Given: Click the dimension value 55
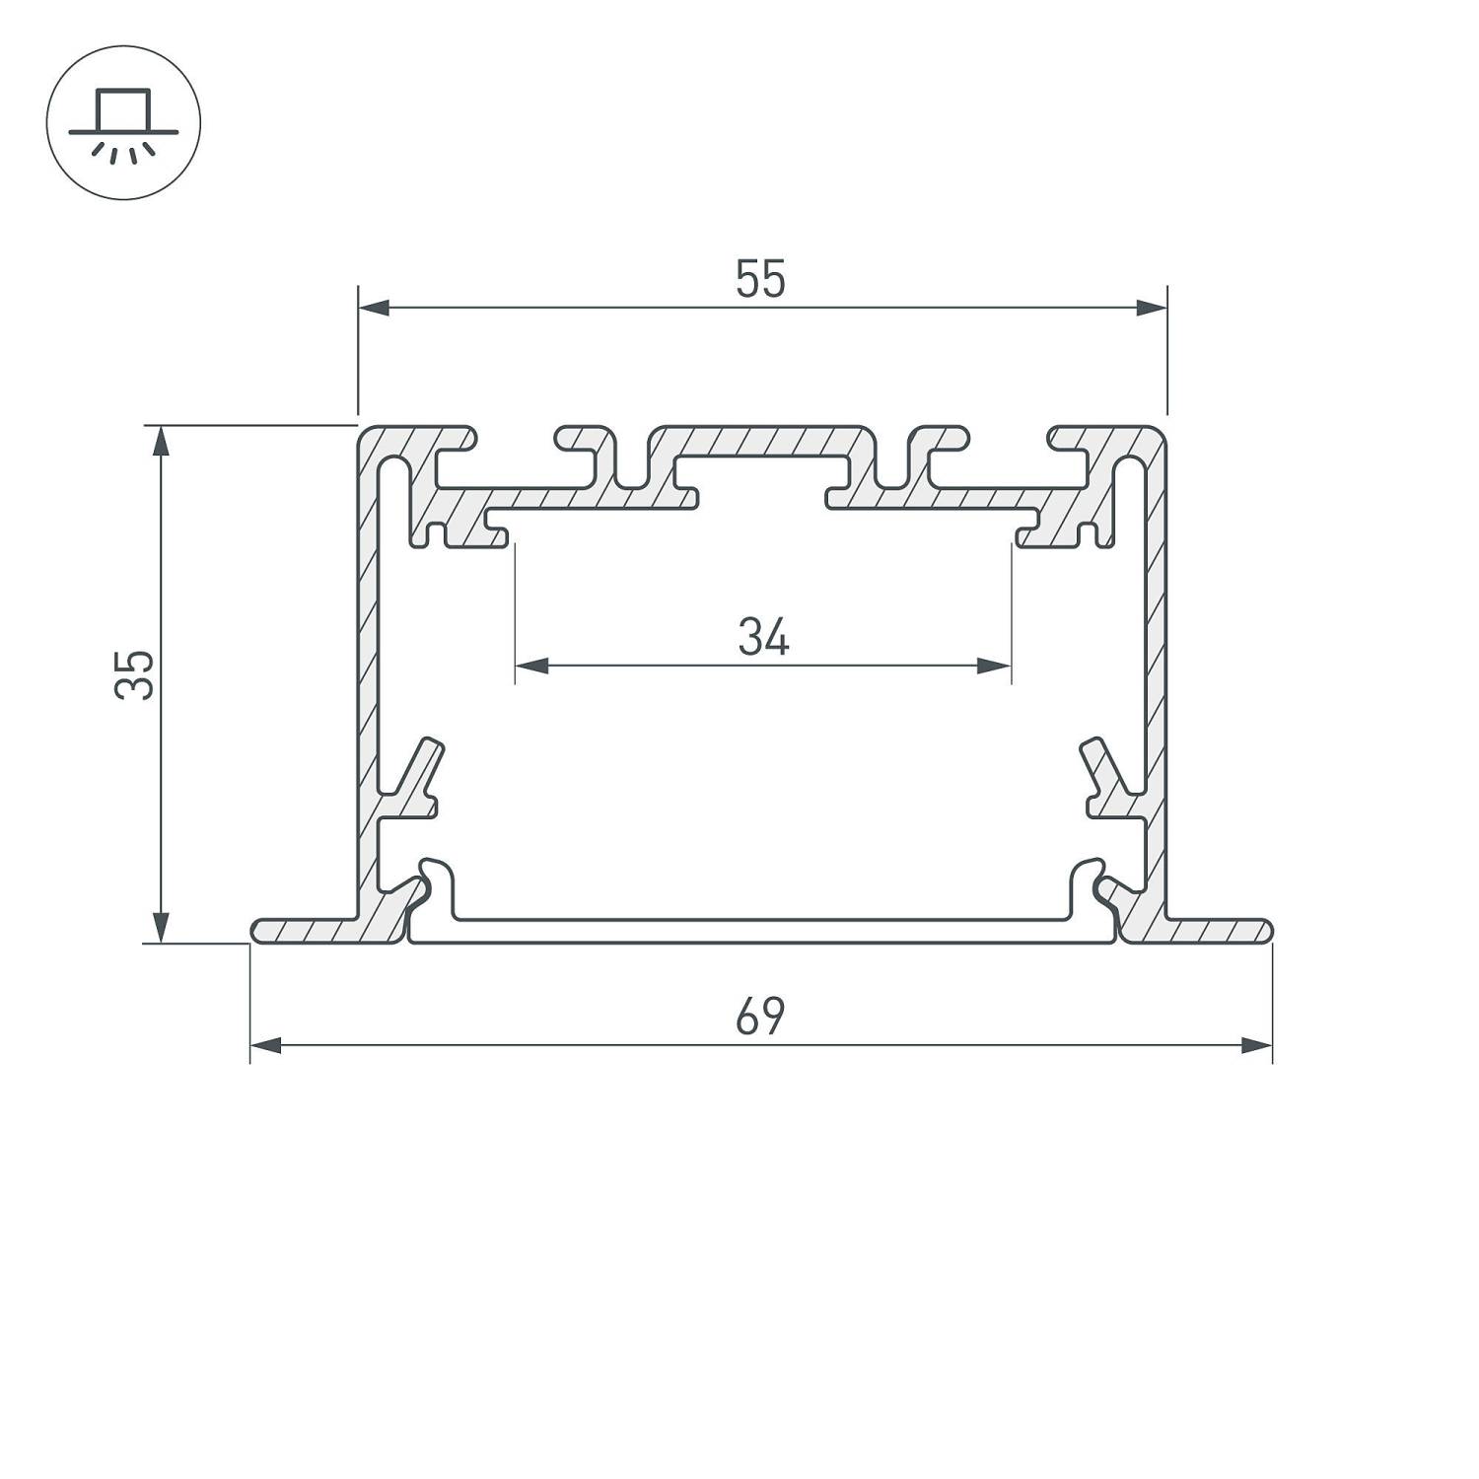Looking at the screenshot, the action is (x=760, y=279).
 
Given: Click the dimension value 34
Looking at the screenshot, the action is (x=763, y=638).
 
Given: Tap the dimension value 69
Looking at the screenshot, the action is (x=760, y=1017).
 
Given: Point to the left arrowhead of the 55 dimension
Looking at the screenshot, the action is (x=374, y=308).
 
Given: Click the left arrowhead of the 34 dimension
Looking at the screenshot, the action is (x=531, y=666).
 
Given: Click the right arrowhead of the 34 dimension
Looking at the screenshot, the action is (x=995, y=666).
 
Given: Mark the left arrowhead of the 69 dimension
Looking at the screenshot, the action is (x=266, y=1045).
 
